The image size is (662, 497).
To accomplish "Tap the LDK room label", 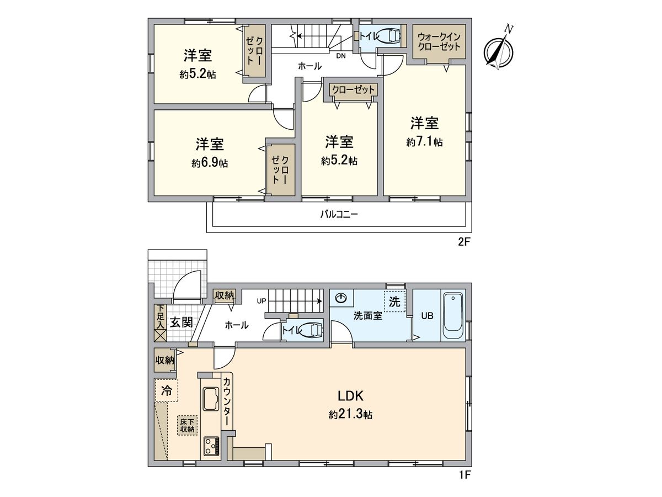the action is pyautogui.click(x=350, y=395).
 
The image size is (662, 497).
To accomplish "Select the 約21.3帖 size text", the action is pyautogui.click(x=350, y=415).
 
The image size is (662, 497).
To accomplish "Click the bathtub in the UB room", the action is pyautogui.click(x=453, y=315).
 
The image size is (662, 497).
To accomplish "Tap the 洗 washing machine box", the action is pyautogui.click(x=394, y=302).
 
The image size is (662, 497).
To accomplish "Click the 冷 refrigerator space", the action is pyautogui.click(x=166, y=390).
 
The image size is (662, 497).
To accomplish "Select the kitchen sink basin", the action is pyautogui.click(x=211, y=399).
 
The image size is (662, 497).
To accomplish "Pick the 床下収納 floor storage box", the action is pyautogui.click(x=187, y=425).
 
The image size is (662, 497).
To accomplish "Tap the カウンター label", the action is pyautogui.click(x=227, y=401).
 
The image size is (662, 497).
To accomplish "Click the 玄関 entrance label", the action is pyautogui.click(x=181, y=322).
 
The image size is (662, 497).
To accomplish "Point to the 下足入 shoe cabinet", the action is pyautogui.click(x=160, y=323).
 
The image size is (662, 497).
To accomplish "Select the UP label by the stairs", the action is pyautogui.click(x=261, y=301).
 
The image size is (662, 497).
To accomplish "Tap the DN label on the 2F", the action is pyautogui.click(x=341, y=56).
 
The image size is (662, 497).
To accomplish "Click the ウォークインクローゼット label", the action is pyautogui.click(x=439, y=42).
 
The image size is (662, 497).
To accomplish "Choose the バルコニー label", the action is pyautogui.click(x=339, y=215).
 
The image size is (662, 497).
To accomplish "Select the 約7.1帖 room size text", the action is pyautogui.click(x=424, y=142).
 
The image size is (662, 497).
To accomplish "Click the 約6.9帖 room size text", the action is pyautogui.click(x=210, y=163).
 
